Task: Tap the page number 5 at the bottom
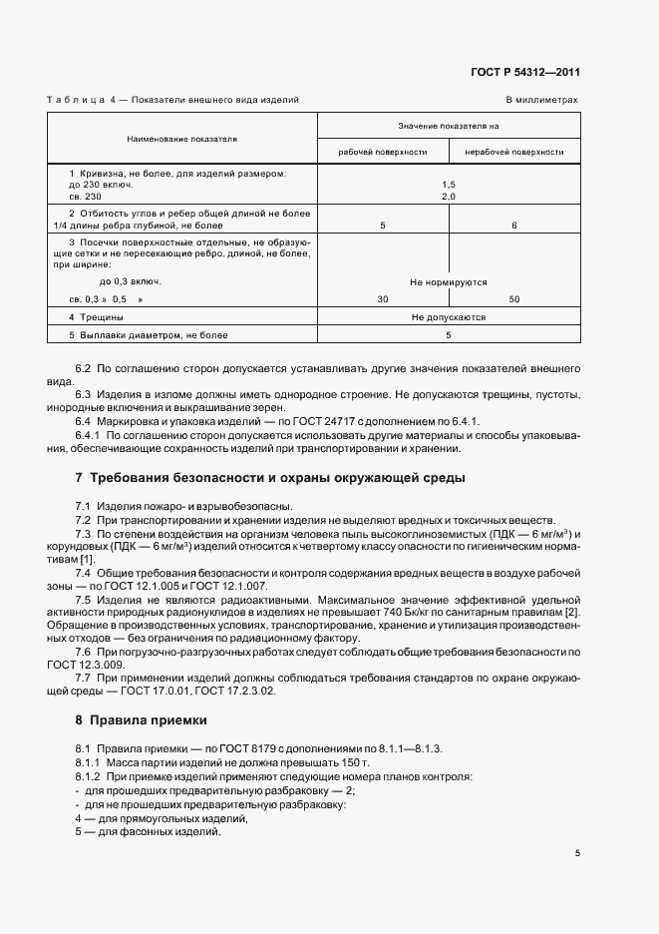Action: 577,853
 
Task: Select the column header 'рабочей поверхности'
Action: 383,153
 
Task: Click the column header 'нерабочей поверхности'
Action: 514,153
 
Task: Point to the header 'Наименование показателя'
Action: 182,139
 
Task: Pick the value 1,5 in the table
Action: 448,185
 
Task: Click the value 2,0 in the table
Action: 448,197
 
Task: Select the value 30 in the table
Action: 383,299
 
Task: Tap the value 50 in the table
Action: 514,299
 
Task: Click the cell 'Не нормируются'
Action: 448,282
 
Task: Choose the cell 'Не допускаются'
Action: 448,317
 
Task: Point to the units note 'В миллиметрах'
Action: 541,101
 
